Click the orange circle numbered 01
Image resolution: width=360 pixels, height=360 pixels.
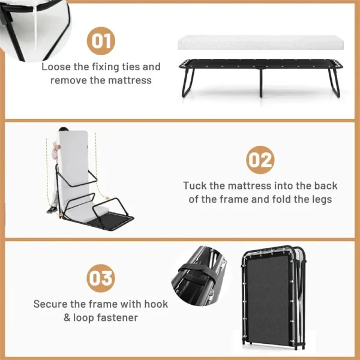click(101, 41)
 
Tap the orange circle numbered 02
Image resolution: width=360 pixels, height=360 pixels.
click(260, 160)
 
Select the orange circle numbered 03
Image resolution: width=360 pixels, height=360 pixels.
click(101, 278)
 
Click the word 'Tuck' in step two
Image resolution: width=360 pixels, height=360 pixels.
click(195, 186)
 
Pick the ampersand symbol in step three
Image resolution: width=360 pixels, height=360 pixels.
click(67, 318)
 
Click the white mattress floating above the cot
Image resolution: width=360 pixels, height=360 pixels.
click(260, 43)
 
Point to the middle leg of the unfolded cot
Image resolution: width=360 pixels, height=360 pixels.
click(261, 82)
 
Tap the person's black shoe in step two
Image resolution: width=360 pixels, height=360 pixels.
click(52, 210)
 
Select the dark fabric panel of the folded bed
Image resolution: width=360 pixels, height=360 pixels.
click(269, 299)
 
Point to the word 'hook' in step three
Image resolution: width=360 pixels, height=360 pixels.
click(156, 304)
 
